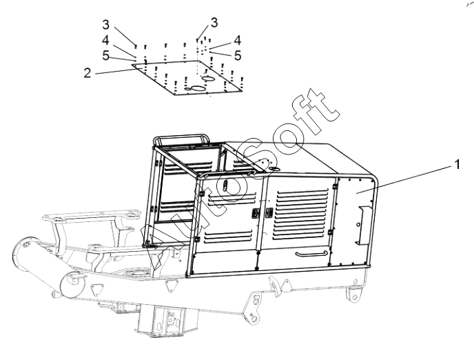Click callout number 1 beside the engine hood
coord(455,165)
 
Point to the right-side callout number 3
coord(214,23)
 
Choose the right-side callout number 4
coord(236,40)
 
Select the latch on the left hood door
coord(255,214)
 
